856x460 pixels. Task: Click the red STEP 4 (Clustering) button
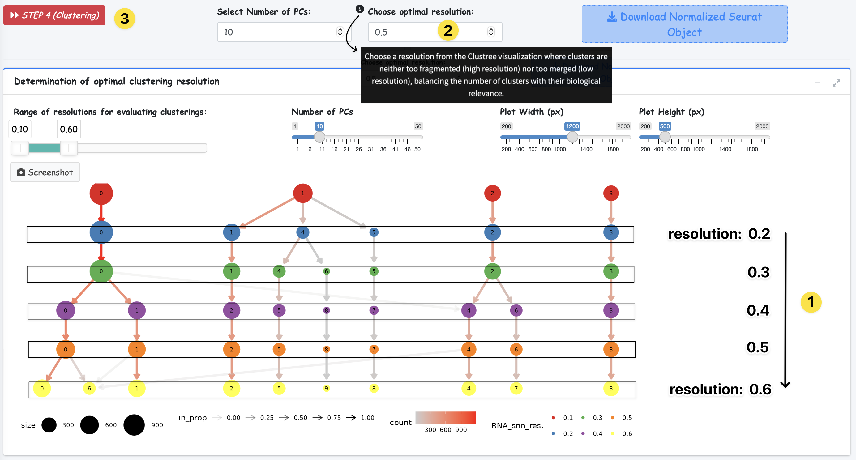point(54,15)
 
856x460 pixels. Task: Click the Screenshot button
point(45,172)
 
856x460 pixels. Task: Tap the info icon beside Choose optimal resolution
point(360,9)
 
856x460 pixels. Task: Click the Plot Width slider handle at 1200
point(572,137)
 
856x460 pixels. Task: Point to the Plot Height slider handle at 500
point(665,137)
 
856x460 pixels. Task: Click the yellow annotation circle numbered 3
point(125,19)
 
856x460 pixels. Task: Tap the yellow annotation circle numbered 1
point(811,302)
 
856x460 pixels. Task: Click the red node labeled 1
point(302,193)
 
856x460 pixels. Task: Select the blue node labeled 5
point(374,232)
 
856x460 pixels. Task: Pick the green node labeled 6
point(326,271)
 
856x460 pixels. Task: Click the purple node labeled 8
point(326,310)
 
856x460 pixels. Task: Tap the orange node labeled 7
point(374,349)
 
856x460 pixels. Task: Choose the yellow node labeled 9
point(326,388)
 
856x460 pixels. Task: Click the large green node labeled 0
point(101,271)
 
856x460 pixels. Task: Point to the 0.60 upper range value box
point(69,129)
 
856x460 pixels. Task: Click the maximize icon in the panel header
point(836,83)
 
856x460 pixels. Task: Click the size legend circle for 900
point(134,425)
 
